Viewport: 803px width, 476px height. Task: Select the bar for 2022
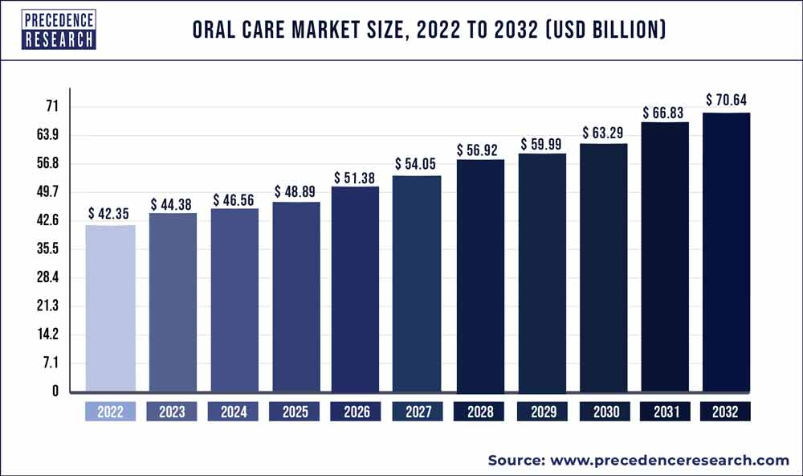(x=110, y=309)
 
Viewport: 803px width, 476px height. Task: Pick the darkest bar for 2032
(x=726, y=252)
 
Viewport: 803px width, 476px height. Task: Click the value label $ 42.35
(x=110, y=215)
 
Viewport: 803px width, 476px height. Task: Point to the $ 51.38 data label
(x=355, y=177)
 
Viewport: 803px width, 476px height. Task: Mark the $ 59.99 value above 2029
(x=542, y=144)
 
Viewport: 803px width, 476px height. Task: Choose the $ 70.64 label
(x=726, y=101)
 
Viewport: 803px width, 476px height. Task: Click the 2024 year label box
(x=233, y=412)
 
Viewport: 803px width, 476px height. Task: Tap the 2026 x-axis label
(x=356, y=412)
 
